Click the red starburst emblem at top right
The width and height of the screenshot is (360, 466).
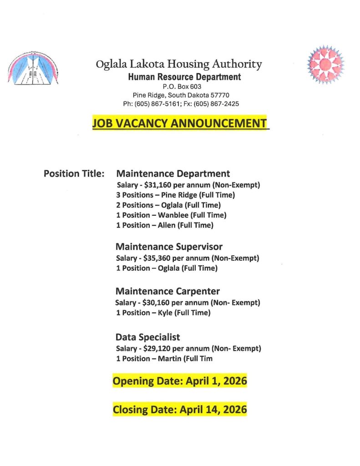pyautogui.click(x=325, y=64)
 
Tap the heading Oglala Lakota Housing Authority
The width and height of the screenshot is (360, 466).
pyautogui.click(x=179, y=64)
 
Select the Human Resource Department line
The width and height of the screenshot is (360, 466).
pyautogui.click(x=184, y=77)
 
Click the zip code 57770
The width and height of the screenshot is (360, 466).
pyautogui.click(x=220, y=95)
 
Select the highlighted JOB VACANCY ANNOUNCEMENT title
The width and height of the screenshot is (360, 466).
pyautogui.click(x=180, y=123)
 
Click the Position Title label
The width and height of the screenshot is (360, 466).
pyautogui.click(x=74, y=174)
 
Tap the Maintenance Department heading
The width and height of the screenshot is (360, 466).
pyautogui.click(x=173, y=174)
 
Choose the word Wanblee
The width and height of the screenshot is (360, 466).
pyautogui.click(x=172, y=215)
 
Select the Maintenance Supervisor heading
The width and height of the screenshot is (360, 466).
pyautogui.click(x=169, y=247)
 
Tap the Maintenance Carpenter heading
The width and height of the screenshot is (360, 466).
pyautogui.click(x=167, y=291)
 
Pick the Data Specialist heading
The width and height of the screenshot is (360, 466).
pyautogui.click(x=148, y=337)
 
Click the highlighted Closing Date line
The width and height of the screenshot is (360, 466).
pyautogui.click(x=180, y=410)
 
